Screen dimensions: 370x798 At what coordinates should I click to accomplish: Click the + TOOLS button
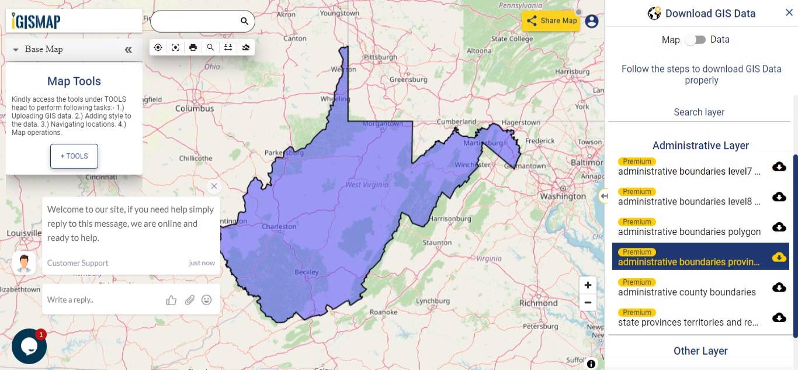point(74,156)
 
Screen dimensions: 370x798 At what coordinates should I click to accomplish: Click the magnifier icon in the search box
point(244,21)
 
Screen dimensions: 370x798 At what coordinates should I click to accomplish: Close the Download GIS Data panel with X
point(789,13)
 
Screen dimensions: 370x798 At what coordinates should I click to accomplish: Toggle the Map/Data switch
point(695,40)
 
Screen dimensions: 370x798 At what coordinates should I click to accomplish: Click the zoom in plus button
point(588,285)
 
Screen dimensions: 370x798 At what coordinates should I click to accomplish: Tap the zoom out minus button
point(588,303)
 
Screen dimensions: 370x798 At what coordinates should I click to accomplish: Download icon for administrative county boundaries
point(779,287)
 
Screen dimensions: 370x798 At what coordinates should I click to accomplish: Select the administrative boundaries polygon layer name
point(689,232)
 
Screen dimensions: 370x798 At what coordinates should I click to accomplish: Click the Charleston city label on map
point(279,227)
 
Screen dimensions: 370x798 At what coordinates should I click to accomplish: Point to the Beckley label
point(307,272)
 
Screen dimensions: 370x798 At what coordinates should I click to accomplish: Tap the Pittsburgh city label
point(380,57)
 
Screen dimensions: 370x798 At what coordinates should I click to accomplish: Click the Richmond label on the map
point(539,303)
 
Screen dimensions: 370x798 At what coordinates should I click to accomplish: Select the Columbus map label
point(195,108)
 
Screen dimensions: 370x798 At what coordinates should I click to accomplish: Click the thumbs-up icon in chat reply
point(171,300)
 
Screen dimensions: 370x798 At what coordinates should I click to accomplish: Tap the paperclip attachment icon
point(189,300)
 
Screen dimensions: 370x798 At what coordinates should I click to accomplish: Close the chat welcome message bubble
point(214,186)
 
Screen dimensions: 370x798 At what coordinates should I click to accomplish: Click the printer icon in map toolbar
point(193,47)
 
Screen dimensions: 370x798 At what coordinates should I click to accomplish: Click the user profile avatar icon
point(592,21)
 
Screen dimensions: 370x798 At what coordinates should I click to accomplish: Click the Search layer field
point(699,112)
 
